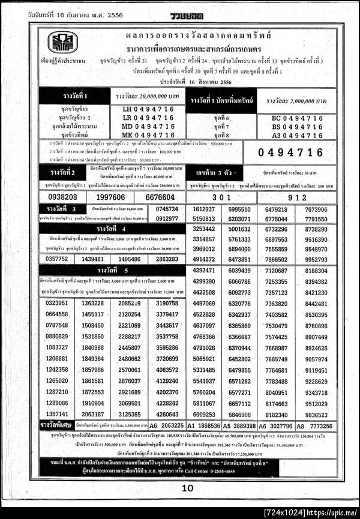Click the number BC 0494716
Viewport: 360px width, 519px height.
[298, 118]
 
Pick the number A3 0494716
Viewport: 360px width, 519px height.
[298, 136]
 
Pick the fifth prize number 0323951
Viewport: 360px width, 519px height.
[57, 304]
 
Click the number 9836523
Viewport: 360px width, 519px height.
[316, 415]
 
